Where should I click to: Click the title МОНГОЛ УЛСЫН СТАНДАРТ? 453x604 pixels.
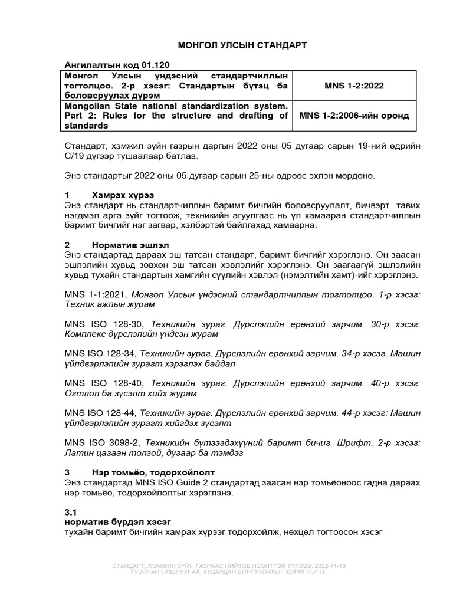click(234, 45)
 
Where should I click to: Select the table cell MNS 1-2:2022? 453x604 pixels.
click(354, 86)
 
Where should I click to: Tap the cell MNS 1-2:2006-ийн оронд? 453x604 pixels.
click(354, 115)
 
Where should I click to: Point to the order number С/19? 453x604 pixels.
click(74, 157)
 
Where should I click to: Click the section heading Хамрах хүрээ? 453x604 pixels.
click(123, 195)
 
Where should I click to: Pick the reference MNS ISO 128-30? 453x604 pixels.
click(105, 324)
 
